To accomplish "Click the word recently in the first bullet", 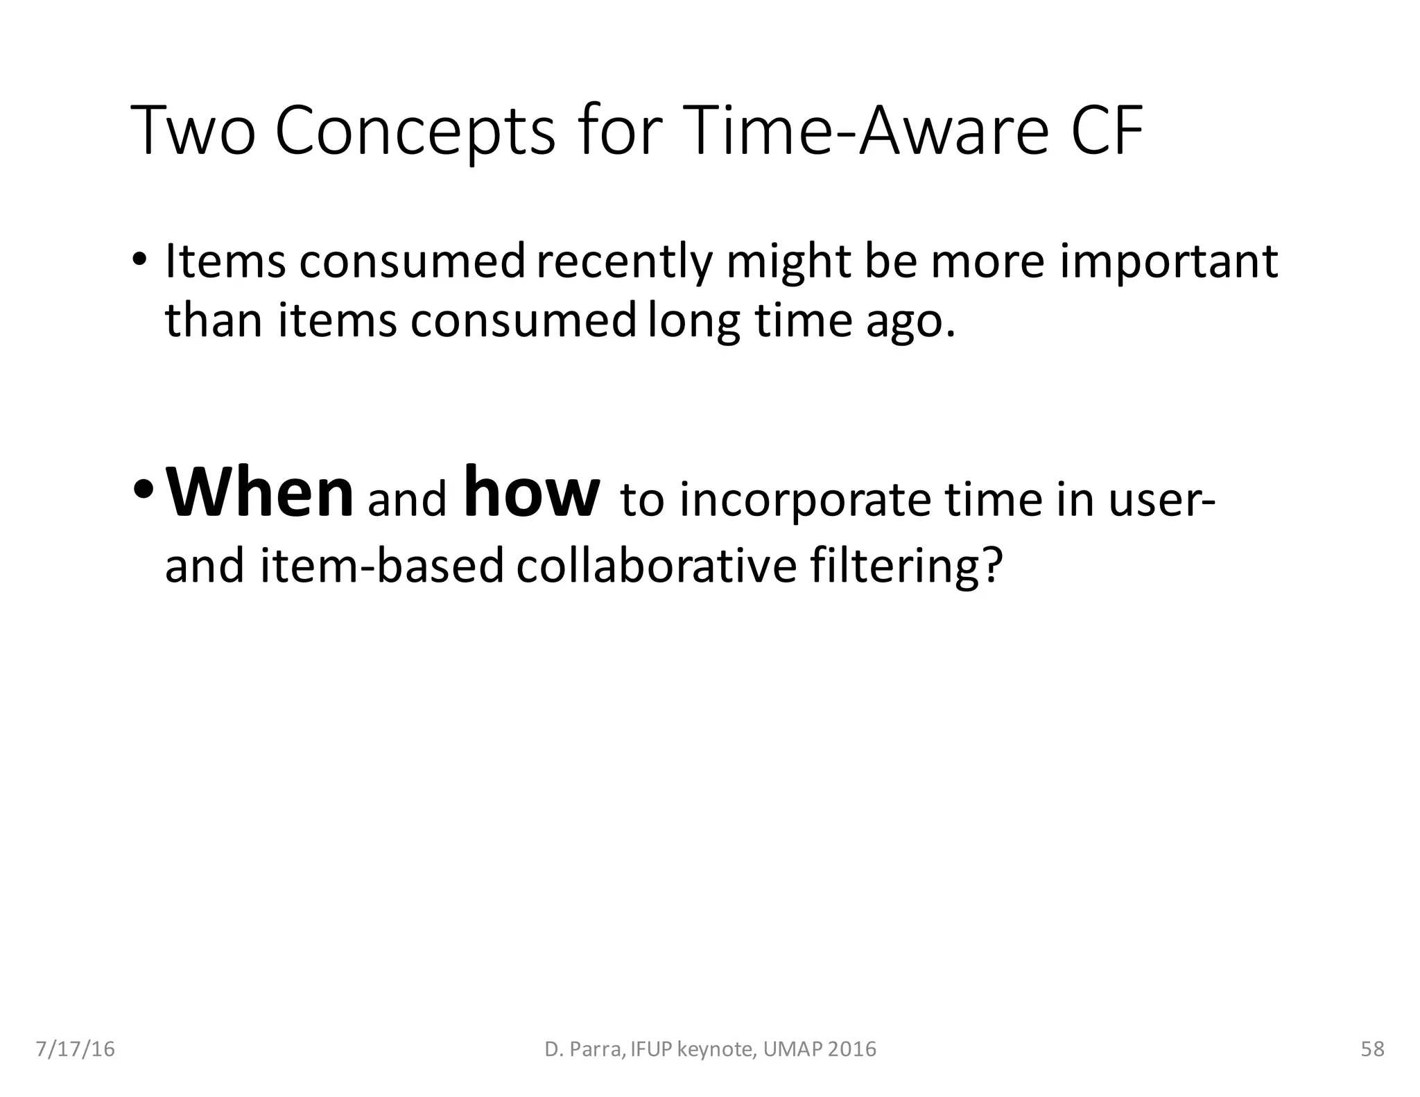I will click(625, 262).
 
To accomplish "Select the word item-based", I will click(382, 565).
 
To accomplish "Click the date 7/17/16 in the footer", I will click(75, 1049).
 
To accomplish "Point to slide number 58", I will click(1372, 1049).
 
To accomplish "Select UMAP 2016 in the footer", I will click(820, 1049).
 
